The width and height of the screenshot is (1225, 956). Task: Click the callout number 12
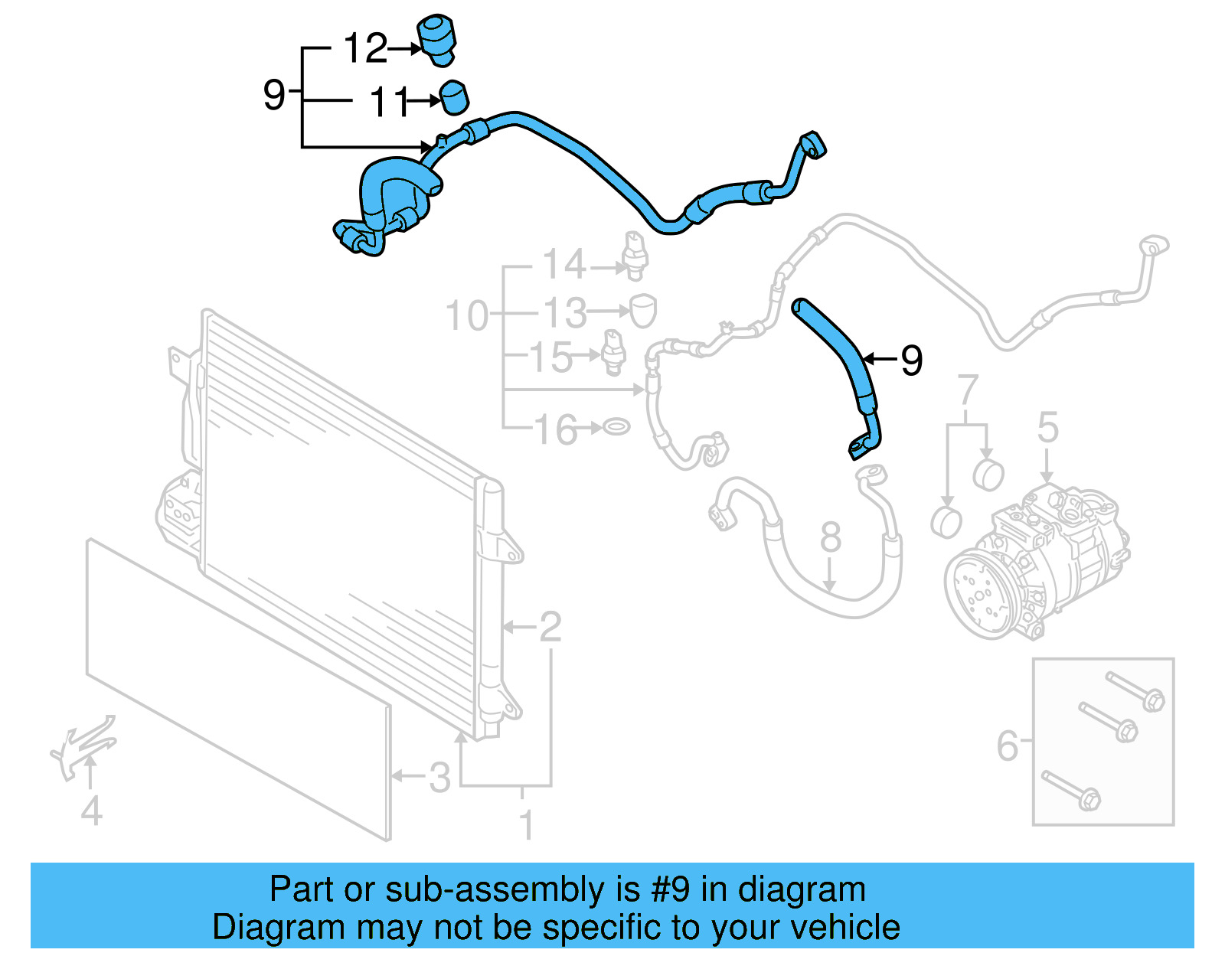[x=365, y=48]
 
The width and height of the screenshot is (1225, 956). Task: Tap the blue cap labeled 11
[x=454, y=98]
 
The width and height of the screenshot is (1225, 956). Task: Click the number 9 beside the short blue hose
[x=911, y=360]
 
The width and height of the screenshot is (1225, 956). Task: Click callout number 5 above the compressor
[x=1047, y=427]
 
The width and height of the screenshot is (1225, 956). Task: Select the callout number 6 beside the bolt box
[x=1008, y=745]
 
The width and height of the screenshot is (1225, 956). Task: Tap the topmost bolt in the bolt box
[x=1135, y=691]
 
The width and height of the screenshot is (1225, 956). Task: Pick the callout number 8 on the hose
[x=831, y=537]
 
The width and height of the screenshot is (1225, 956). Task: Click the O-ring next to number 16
[x=616, y=426]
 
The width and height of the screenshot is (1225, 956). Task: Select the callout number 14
[x=564, y=264]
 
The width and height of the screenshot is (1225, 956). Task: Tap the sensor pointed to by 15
[x=614, y=353]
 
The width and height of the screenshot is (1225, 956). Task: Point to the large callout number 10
[x=466, y=315]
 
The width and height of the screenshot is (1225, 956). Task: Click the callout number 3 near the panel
[x=439, y=778]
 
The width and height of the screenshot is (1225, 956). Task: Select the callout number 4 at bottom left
[x=91, y=811]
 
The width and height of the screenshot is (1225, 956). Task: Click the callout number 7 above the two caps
[x=968, y=390]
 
